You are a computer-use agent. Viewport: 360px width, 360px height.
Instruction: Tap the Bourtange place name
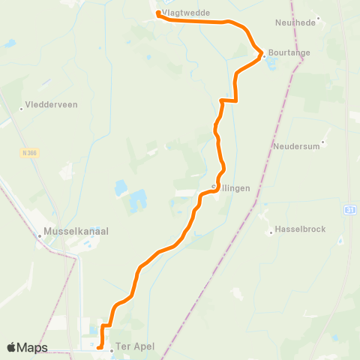click(288, 53)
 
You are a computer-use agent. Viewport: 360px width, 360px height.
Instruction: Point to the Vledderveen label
click(51, 105)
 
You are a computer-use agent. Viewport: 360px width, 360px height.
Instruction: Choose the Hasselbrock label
click(300, 229)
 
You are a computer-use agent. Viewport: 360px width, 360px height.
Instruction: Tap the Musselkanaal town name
click(76, 232)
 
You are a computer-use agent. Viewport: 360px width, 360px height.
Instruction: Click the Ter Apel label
click(134, 349)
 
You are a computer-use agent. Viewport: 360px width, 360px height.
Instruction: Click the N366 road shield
click(29, 151)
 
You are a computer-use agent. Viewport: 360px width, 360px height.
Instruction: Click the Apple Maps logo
click(27, 347)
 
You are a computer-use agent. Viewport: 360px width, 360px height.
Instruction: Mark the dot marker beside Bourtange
click(265, 54)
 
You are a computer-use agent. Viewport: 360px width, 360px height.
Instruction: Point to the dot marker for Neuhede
click(319, 18)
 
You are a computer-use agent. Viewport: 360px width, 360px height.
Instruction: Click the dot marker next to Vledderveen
click(22, 109)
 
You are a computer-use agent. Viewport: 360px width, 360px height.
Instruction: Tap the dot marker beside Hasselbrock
click(271, 232)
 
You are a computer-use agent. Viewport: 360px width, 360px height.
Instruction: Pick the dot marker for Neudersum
click(324, 141)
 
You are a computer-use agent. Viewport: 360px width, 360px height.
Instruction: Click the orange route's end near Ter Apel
click(99, 346)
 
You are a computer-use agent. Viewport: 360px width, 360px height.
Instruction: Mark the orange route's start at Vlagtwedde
click(158, 13)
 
